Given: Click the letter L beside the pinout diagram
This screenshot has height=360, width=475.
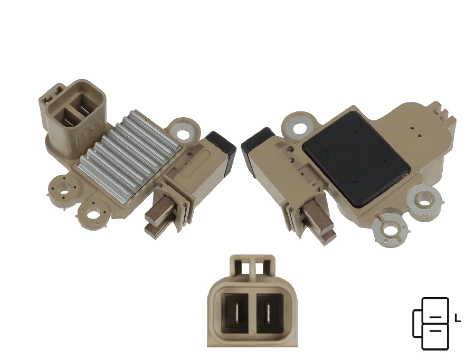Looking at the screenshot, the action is tap(458, 318).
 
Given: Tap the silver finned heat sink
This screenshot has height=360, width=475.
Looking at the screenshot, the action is tap(128, 156).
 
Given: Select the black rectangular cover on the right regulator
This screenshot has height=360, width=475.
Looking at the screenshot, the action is tap(356, 159).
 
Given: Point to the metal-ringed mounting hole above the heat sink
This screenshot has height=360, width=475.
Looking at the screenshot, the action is tap(185, 132).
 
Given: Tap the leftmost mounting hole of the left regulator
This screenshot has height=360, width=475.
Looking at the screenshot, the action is tap(64, 191).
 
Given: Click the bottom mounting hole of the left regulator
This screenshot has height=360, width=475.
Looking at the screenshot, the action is tap(93, 214).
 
